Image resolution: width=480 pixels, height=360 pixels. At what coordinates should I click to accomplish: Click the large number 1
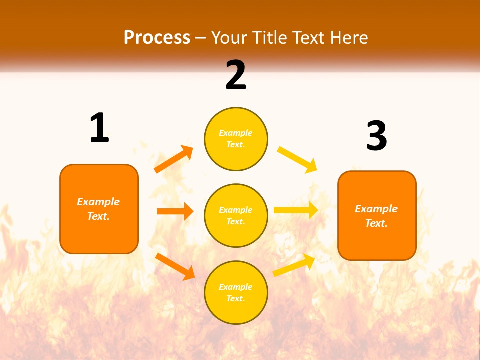click(x=99, y=128)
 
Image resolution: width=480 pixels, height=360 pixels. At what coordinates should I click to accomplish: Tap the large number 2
click(x=236, y=75)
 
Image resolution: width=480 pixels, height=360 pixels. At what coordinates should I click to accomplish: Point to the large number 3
click(x=376, y=136)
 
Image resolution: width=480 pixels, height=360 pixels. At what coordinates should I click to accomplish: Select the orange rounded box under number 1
click(x=99, y=209)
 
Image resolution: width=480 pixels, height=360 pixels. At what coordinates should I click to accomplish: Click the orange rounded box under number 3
click(x=377, y=215)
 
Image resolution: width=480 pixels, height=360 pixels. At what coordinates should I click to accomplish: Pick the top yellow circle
click(x=236, y=139)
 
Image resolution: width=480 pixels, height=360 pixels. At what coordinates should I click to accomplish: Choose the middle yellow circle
click(x=236, y=215)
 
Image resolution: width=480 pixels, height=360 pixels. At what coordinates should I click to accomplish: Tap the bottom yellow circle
click(x=236, y=292)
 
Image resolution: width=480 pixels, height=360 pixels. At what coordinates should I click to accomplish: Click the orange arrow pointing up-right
click(x=174, y=159)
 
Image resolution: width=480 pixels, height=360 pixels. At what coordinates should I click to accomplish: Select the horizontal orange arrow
click(x=175, y=211)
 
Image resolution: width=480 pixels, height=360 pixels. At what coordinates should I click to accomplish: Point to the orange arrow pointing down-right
click(x=175, y=266)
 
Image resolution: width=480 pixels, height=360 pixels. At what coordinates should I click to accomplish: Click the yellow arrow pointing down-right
click(x=297, y=159)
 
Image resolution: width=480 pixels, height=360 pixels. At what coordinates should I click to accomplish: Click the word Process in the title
click(x=157, y=38)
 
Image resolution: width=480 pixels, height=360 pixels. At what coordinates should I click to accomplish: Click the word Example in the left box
click(x=98, y=202)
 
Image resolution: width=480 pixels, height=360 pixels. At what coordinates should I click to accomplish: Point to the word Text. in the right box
click(x=376, y=223)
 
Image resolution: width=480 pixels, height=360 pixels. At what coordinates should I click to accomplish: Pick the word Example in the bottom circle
click(x=236, y=287)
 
